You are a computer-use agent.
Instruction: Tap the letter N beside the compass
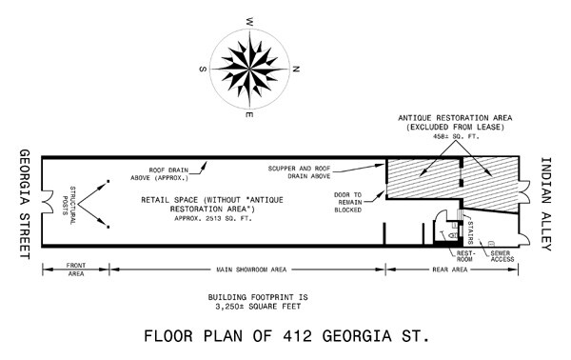[296, 70]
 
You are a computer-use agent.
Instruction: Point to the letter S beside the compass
[202, 68]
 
